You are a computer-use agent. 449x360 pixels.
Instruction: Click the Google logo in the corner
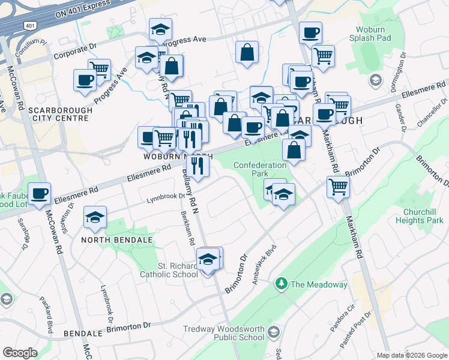[20, 353]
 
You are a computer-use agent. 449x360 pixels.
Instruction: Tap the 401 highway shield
[29, 25]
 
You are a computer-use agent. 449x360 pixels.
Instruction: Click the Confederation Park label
[260, 169]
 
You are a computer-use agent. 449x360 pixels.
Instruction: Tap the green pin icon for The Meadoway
[280, 283]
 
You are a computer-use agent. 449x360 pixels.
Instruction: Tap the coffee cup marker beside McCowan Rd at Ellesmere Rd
[40, 194]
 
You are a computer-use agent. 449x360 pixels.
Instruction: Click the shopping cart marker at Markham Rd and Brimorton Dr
[338, 187]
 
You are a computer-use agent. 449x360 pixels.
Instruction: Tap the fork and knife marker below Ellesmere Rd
[197, 165]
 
